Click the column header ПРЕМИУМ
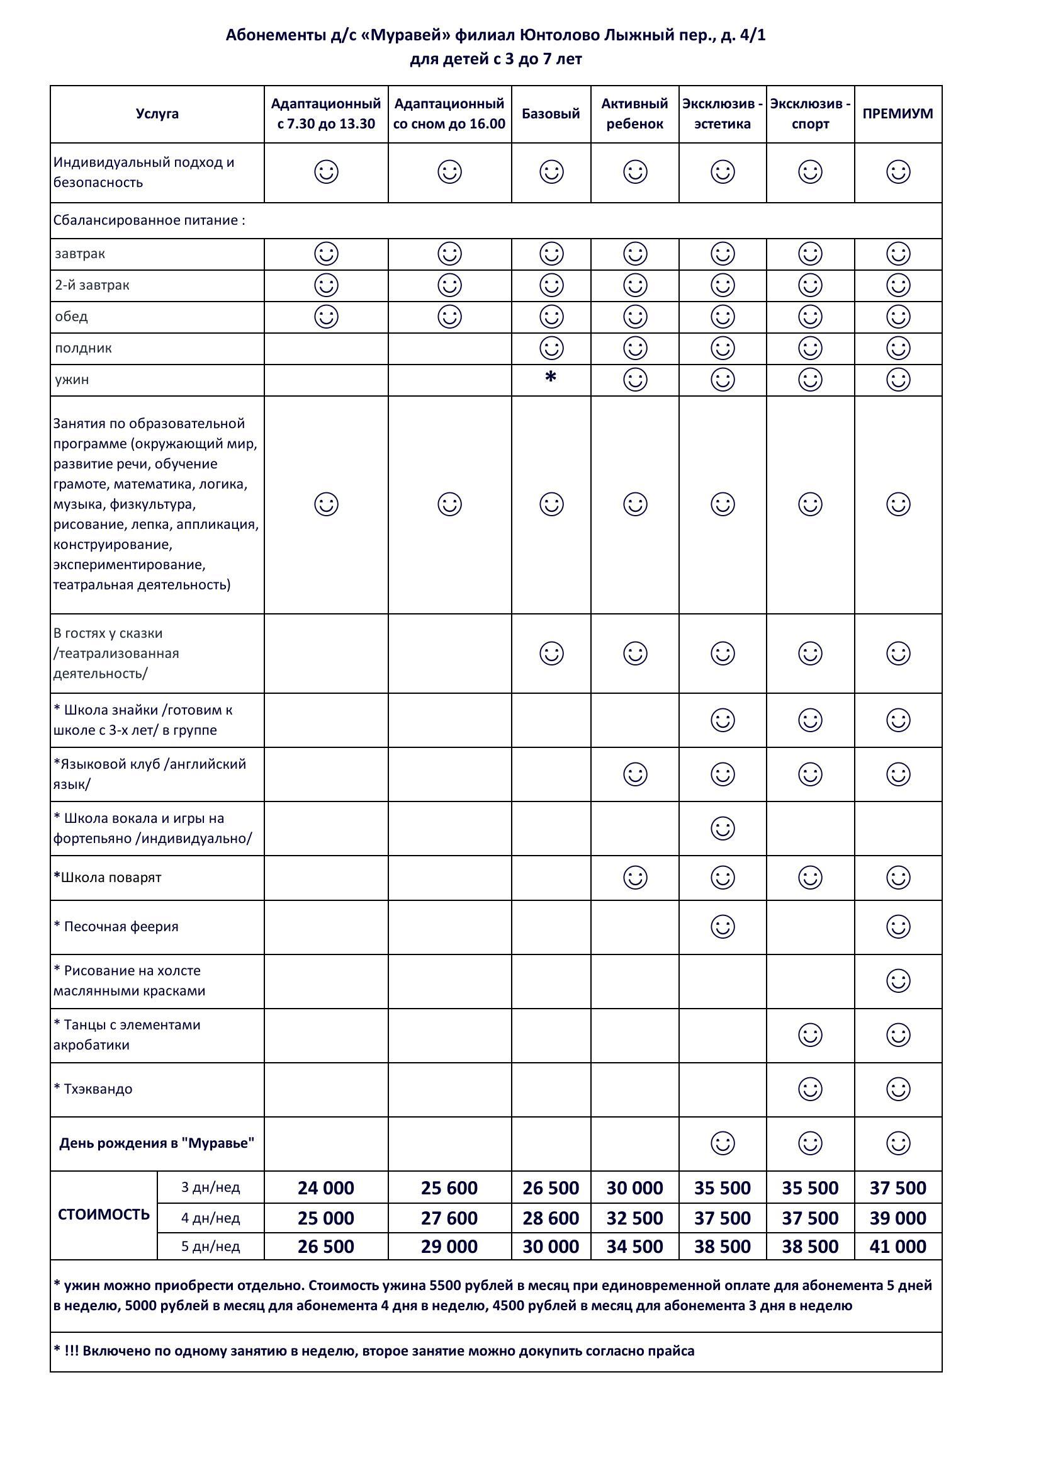tap(898, 114)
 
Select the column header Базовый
tap(551, 114)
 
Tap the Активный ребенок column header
tap(634, 113)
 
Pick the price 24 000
tap(325, 1188)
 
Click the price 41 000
tap(898, 1247)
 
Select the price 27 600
tap(449, 1218)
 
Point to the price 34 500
tap(634, 1247)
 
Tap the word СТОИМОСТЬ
tap(104, 1214)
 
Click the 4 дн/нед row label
tap(210, 1218)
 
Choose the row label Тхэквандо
tap(98, 1089)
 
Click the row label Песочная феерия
tap(120, 926)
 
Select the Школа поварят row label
tap(110, 877)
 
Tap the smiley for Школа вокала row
tap(723, 829)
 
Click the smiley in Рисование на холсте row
tap(898, 981)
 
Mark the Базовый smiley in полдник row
tap(551, 348)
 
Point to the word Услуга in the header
tap(157, 114)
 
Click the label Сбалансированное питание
tap(149, 220)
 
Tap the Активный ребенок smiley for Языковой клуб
tap(634, 774)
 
